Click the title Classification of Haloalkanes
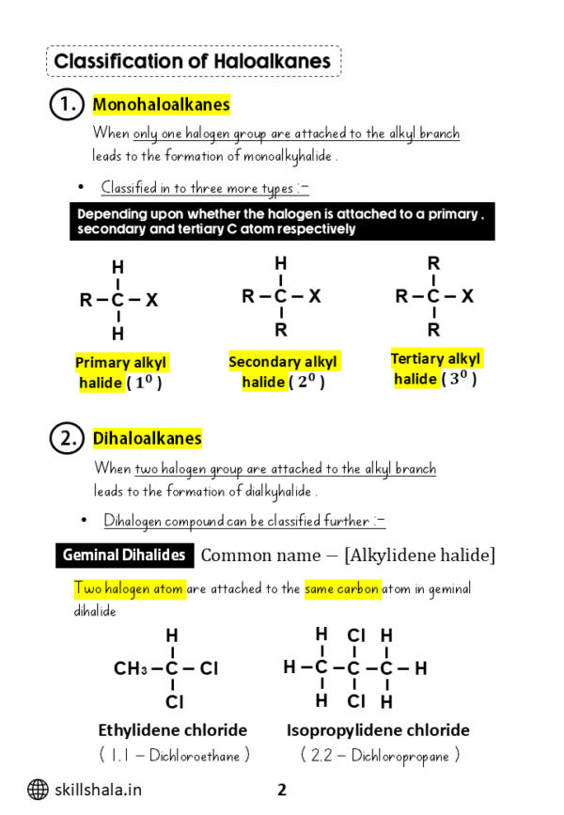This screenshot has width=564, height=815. click(x=193, y=62)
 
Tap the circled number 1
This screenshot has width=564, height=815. click(x=66, y=105)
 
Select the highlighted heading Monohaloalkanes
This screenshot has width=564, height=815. click(x=161, y=105)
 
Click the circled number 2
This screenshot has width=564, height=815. click(x=66, y=438)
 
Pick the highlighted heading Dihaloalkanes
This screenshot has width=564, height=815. click(x=147, y=438)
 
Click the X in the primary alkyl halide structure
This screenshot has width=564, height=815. click(x=152, y=301)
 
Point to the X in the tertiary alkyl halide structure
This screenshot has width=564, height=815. click(x=467, y=296)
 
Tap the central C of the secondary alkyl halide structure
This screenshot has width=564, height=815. click(x=280, y=296)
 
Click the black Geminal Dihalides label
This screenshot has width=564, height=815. click(x=124, y=555)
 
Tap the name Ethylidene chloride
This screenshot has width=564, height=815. click(x=173, y=730)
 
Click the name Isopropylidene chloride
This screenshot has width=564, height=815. click(x=378, y=730)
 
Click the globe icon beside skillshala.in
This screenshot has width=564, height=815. click(x=38, y=790)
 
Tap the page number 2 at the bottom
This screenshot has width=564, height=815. click(x=281, y=790)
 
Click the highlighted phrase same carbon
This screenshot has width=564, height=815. click(x=342, y=589)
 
